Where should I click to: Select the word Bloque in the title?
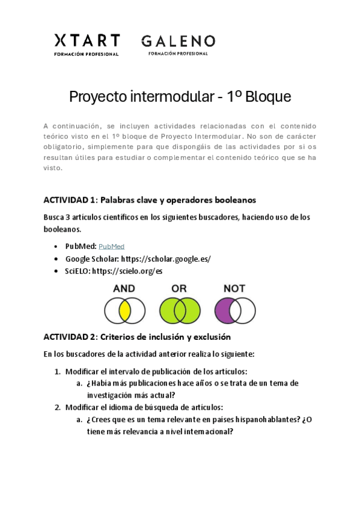coord(267,96)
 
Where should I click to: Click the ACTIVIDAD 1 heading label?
coord(70,200)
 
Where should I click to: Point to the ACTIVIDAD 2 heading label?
coord(70,337)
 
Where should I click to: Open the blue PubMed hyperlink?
coord(111,247)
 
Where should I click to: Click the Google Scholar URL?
coord(166,259)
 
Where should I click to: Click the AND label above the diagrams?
coord(124,289)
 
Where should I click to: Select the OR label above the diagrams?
coord(179,289)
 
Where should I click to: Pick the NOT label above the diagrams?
coord(234,289)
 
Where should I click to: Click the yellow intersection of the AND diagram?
coord(124,311)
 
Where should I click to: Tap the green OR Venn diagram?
coord(179,311)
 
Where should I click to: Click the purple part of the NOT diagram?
coord(223,311)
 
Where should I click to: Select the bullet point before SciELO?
coord(56,271)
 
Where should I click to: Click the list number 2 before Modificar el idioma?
coord(57,407)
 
